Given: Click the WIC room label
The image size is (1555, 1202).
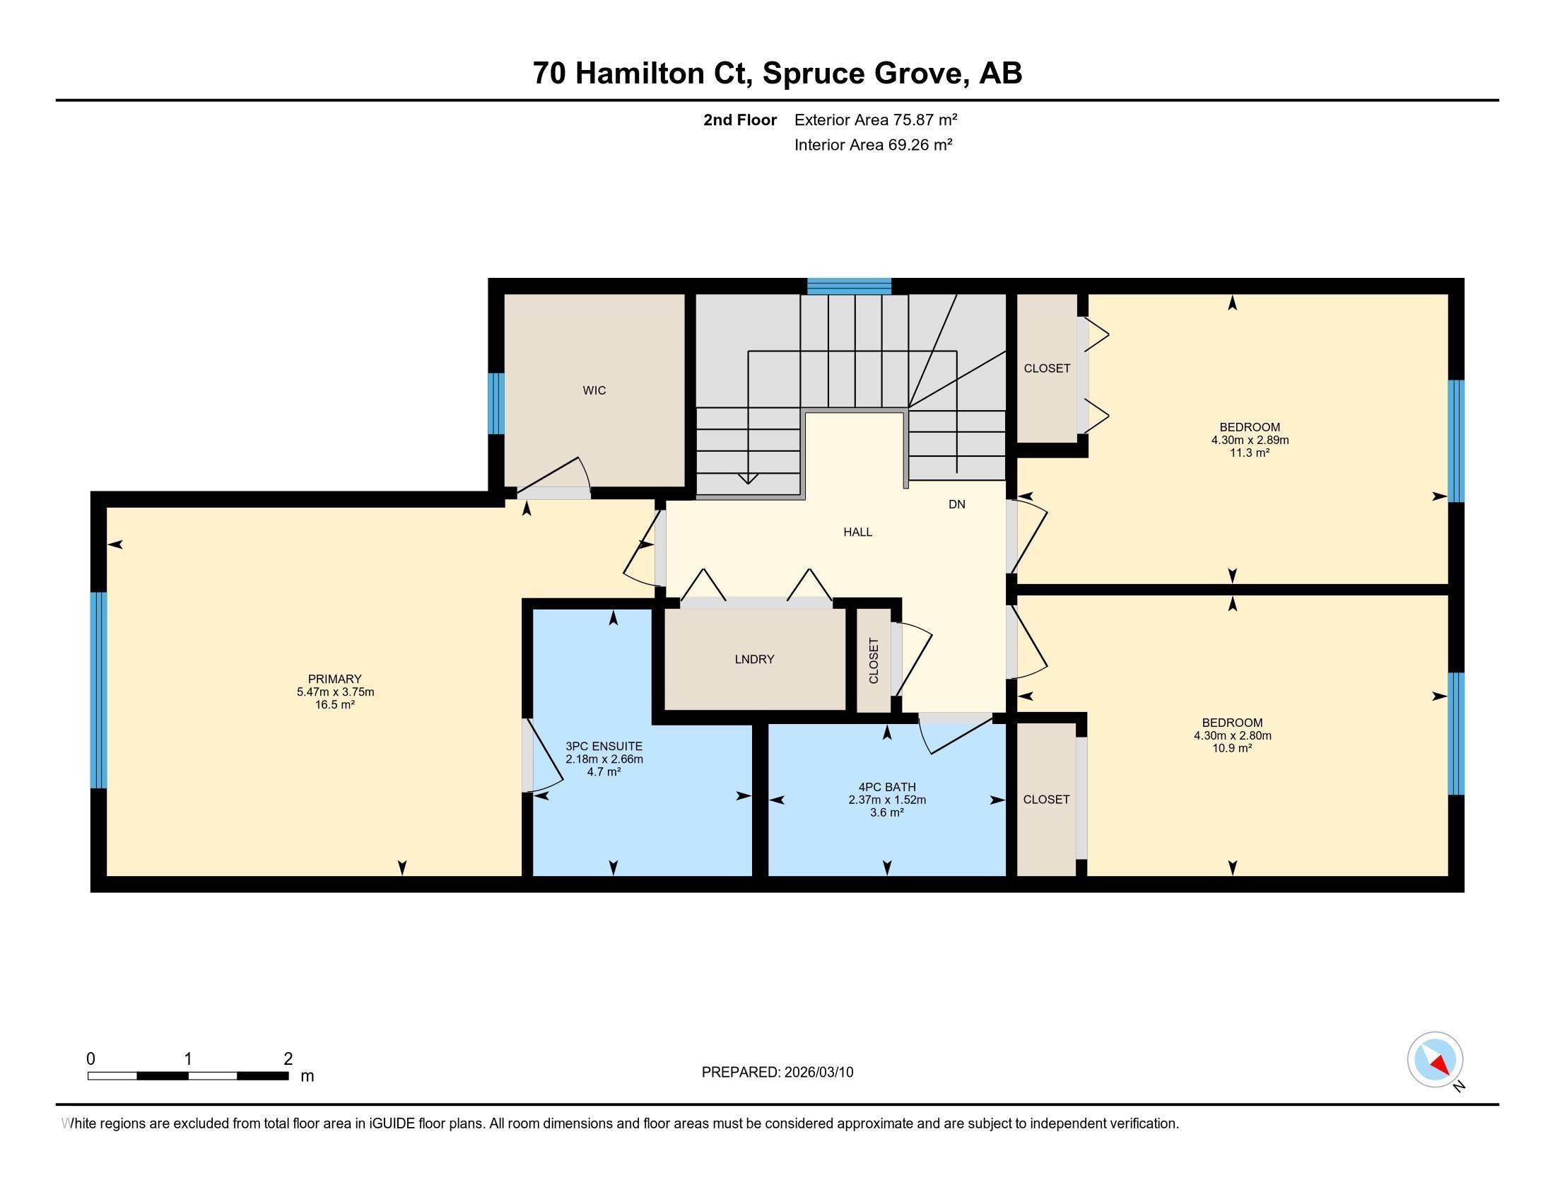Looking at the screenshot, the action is [594, 390].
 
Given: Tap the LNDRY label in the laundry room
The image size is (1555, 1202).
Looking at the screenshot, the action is [754, 660].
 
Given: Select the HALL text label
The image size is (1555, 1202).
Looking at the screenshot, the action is [857, 532].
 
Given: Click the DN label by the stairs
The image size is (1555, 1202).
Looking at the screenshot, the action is [957, 504].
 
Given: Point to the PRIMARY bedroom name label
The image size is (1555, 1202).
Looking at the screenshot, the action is [334, 679].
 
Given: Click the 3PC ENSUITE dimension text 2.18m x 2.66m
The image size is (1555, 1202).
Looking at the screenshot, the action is [604, 759].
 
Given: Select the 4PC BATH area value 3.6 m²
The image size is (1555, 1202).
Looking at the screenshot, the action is [887, 812].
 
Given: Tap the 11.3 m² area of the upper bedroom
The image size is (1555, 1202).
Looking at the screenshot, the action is [1250, 453].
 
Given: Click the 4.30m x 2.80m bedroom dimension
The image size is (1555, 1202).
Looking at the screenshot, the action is [1233, 735].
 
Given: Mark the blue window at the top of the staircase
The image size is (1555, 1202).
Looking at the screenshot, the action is [849, 286].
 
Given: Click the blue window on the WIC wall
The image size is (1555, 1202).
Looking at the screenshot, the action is [496, 403].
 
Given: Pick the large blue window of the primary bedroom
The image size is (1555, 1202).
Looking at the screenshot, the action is [98, 690].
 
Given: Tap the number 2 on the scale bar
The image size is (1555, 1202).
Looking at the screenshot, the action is [288, 1059].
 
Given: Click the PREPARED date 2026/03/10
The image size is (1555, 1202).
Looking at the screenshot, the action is [818, 1073].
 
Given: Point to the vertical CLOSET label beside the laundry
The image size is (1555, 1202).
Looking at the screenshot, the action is [874, 661].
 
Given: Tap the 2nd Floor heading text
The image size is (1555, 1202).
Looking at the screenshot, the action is [740, 120].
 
